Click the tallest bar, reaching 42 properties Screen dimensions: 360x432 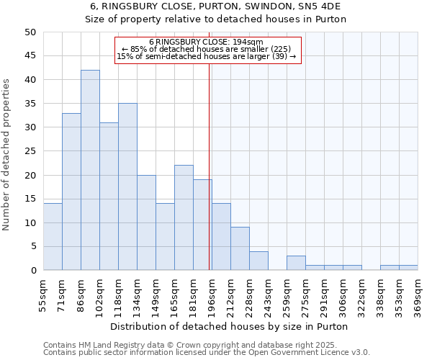(x=90, y=170)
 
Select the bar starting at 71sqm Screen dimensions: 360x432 (x=71, y=192)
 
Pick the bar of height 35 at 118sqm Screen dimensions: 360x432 (x=127, y=186)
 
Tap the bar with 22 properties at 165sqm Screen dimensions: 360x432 (x=184, y=217)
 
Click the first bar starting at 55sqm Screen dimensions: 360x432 (x=53, y=237)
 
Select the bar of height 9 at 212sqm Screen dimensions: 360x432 (x=240, y=248)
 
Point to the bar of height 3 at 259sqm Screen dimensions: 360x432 (x=296, y=263)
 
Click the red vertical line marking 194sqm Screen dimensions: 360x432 (x=210, y=166)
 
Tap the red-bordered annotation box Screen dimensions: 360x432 (x=207, y=50)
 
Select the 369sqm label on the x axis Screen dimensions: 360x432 (x=418, y=293)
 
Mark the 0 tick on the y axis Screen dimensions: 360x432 (x=32, y=270)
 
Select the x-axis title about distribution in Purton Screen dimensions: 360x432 (x=230, y=326)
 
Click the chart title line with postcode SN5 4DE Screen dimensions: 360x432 (x=216, y=6)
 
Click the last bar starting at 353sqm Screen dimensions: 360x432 (x=408, y=268)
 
